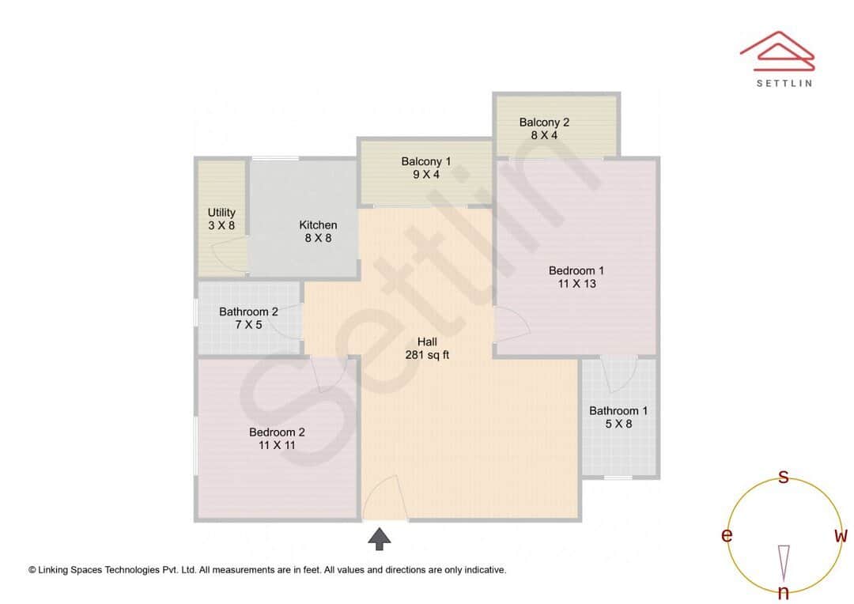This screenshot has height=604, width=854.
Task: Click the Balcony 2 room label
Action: (544, 123)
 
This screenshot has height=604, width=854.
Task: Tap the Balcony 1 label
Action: (426, 162)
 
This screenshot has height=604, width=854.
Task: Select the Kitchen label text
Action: (318, 225)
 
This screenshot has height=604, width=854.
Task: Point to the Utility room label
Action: (221, 213)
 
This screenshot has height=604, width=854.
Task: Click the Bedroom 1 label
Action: (576, 271)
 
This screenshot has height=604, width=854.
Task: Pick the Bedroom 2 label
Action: (277, 432)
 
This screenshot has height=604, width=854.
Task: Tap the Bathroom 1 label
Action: (618, 411)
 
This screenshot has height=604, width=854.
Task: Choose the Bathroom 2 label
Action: (248, 312)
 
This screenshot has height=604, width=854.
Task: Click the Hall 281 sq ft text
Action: (427, 349)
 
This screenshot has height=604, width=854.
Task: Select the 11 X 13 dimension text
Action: (576, 284)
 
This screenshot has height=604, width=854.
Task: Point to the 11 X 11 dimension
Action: (277, 445)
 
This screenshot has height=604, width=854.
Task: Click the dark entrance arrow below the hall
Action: (380, 539)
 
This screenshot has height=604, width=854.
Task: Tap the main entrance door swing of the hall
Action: (386, 498)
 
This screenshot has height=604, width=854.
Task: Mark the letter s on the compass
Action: (784, 477)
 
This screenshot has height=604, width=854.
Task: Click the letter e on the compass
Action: (726, 536)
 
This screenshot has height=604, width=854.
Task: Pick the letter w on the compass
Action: (841, 536)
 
